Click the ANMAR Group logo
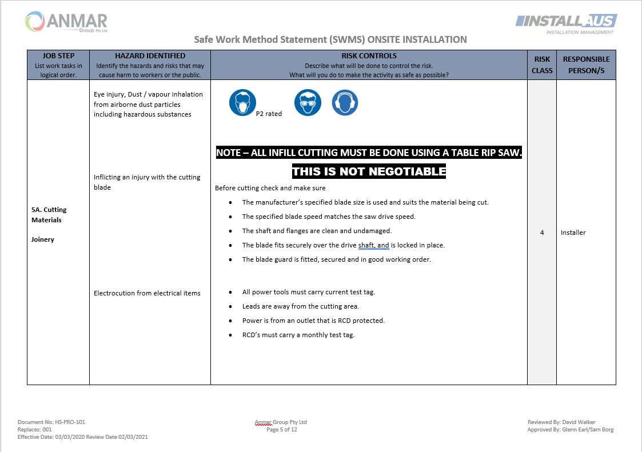pos(66,22)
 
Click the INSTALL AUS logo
pos(566,23)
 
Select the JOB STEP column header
pos(58,65)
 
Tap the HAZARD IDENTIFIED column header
pos(150,65)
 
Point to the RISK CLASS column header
pos(542,65)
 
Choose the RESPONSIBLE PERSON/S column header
pos(586,65)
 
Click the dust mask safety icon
pos(242,103)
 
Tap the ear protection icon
pos(345,103)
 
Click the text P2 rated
pos(269,114)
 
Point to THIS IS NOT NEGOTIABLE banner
pos(369,171)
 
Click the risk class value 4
pos(542,233)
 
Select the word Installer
pos(573,233)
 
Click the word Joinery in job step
pos(43,239)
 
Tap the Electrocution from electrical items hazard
pos(147,293)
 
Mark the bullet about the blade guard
pos(336,259)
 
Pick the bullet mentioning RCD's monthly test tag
pos(298,335)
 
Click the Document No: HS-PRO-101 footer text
pos(51,422)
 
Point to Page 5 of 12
pos(281,430)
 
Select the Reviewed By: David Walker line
pos(561,422)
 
